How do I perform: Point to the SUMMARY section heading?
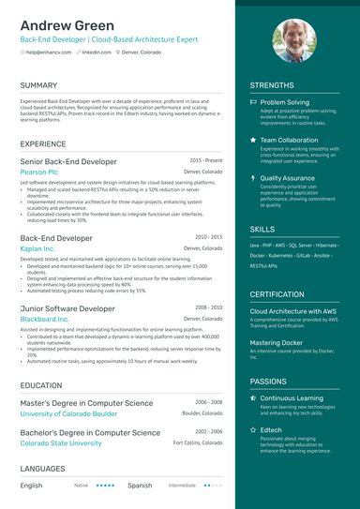pyautogui.click(x=38, y=85)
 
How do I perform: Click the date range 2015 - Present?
pyautogui.click(x=205, y=160)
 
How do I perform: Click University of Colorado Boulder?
pyautogui.click(x=68, y=413)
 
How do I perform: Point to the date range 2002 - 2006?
pyautogui.click(x=208, y=431)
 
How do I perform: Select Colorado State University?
pyautogui.click(x=61, y=443)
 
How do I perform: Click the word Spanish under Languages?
pyautogui.click(x=140, y=486)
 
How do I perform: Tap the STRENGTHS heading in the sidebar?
pyautogui.click(x=272, y=85)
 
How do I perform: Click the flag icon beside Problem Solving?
pyautogui.click(x=253, y=102)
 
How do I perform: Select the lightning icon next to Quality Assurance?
pyautogui.click(x=253, y=177)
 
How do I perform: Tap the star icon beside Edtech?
pyautogui.click(x=253, y=429)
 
